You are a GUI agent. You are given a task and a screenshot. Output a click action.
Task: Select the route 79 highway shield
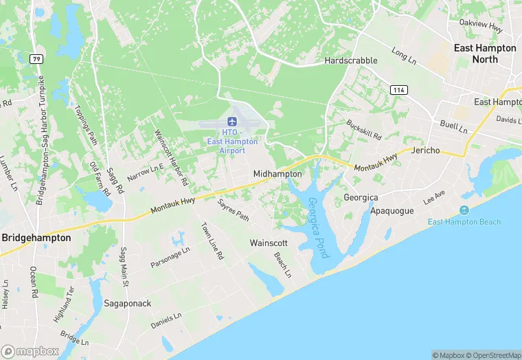37,59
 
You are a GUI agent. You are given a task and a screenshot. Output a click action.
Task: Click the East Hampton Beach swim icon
464,210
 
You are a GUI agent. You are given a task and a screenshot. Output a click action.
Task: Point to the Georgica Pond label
318,227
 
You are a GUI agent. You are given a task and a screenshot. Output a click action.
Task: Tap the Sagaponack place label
127,303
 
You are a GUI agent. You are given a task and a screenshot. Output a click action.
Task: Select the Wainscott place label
269,244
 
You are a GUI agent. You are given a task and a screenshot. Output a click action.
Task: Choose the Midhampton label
277,175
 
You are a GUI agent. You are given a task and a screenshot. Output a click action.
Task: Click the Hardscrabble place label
351,60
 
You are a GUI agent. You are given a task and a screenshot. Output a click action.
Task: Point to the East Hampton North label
484,54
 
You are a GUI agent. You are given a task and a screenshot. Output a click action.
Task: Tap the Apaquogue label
391,211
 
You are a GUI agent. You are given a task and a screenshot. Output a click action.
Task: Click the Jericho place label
429,150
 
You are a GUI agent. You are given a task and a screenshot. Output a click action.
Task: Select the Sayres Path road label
234,210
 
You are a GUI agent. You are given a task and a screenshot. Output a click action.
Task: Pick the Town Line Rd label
212,240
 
